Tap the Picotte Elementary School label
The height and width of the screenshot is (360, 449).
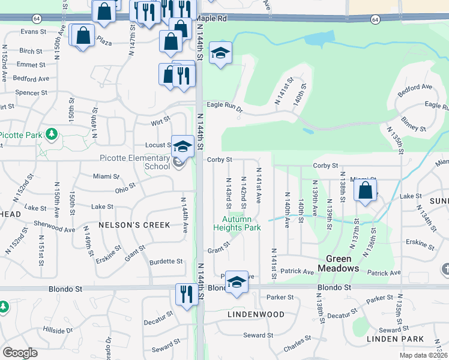point(132,162)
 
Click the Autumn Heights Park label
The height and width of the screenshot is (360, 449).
point(237,223)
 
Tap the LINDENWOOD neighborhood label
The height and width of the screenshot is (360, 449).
point(256,314)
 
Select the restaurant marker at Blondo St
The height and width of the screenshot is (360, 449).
point(186,293)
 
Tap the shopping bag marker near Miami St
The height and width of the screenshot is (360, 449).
point(365,191)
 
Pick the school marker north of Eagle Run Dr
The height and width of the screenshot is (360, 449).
point(220,53)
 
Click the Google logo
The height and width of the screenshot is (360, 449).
point(20,353)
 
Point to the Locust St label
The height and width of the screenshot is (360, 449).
point(158,145)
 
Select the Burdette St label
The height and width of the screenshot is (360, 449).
point(166,262)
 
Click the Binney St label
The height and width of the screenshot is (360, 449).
point(414,124)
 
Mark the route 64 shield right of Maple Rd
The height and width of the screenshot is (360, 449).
point(375,20)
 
